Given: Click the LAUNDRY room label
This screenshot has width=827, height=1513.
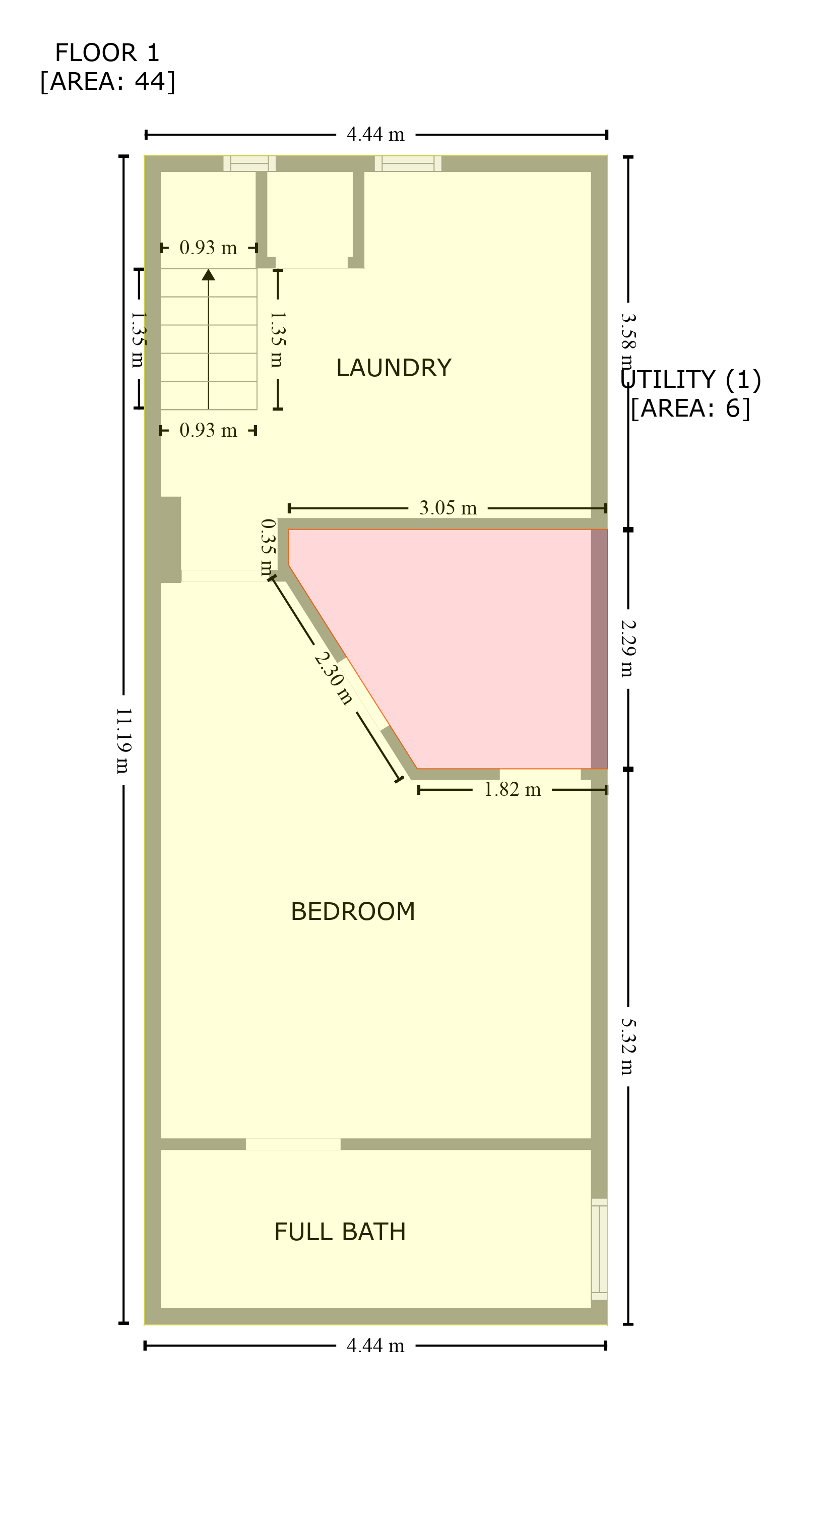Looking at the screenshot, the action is pyautogui.click(x=393, y=368).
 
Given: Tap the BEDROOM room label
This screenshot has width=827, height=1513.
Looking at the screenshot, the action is pyautogui.click(x=353, y=911).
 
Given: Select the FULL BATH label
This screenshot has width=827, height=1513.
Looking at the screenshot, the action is pyautogui.click(x=340, y=1232).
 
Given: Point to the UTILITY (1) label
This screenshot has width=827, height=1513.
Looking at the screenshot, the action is pyautogui.click(x=691, y=379).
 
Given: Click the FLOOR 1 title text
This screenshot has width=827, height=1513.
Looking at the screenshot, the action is pyautogui.click(x=107, y=53).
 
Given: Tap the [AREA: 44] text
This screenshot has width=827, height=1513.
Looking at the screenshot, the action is pyautogui.click(x=107, y=82).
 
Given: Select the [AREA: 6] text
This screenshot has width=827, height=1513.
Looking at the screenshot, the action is pyautogui.click(x=691, y=408).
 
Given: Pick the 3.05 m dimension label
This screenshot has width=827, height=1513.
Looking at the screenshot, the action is pyautogui.click(x=448, y=508).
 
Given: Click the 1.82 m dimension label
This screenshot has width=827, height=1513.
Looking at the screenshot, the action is pyautogui.click(x=512, y=790).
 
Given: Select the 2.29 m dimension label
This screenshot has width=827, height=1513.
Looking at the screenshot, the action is pyautogui.click(x=628, y=649).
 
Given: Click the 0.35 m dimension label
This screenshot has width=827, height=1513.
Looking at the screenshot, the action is pyautogui.click(x=268, y=547).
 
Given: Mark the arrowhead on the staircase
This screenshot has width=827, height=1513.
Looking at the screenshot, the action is pyautogui.click(x=208, y=274).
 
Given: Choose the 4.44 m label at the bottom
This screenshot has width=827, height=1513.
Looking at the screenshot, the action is pyautogui.click(x=375, y=1346).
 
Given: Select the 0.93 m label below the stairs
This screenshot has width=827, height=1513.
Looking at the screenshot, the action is pyautogui.click(x=208, y=431).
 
